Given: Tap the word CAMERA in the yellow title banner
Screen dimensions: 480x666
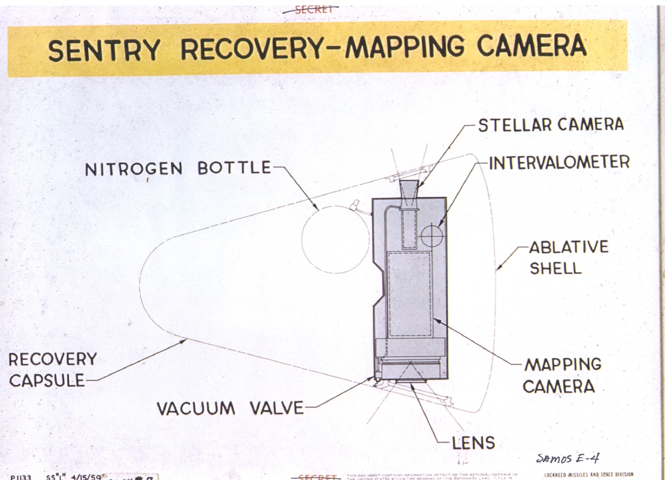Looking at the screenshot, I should pyautogui.click(x=531, y=47).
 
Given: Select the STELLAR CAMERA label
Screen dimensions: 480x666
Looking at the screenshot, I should pyautogui.click(x=551, y=124).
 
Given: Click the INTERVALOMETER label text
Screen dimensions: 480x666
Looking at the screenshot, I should pyautogui.click(x=559, y=162).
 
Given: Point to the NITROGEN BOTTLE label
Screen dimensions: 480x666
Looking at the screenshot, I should pyautogui.click(x=178, y=168).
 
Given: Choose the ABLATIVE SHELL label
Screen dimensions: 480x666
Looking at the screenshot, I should pyautogui.click(x=568, y=257).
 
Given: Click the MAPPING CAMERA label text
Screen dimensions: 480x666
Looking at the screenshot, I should pyautogui.click(x=563, y=376).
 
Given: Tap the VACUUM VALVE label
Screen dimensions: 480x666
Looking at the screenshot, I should pyautogui.click(x=230, y=408).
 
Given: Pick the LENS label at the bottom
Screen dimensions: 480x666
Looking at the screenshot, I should pyautogui.click(x=473, y=443).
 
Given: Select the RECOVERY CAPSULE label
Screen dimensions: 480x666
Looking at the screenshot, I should pyautogui.click(x=52, y=369).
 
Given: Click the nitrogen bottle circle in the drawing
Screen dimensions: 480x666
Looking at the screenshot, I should pyautogui.click(x=335, y=239).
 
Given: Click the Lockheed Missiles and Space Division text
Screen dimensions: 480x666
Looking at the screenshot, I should pyautogui.click(x=588, y=475).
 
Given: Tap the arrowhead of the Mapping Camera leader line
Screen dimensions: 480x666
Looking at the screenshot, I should pyautogui.click(x=435, y=320).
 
